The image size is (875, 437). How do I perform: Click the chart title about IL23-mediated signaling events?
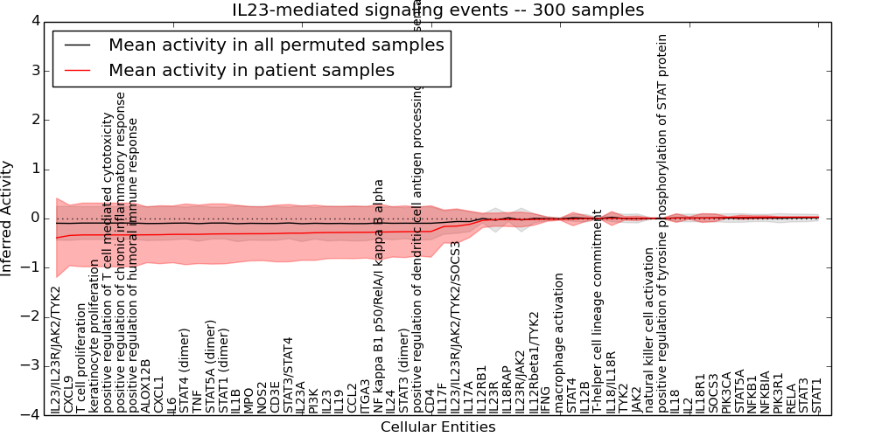click(x=438, y=10)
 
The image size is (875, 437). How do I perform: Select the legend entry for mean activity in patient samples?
click(x=251, y=70)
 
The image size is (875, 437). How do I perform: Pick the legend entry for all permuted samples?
click(x=276, y=45)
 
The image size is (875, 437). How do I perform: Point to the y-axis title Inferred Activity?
click(x=8, y=218)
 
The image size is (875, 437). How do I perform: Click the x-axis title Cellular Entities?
click(x=437, y=427)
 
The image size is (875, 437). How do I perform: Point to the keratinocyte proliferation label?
click(x=94, y=336)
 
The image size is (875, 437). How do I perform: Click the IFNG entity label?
click(x=546, y=399)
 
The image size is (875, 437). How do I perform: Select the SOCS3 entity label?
click(x=713, y=393)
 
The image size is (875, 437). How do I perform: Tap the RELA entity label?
click(x=791, y=399)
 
